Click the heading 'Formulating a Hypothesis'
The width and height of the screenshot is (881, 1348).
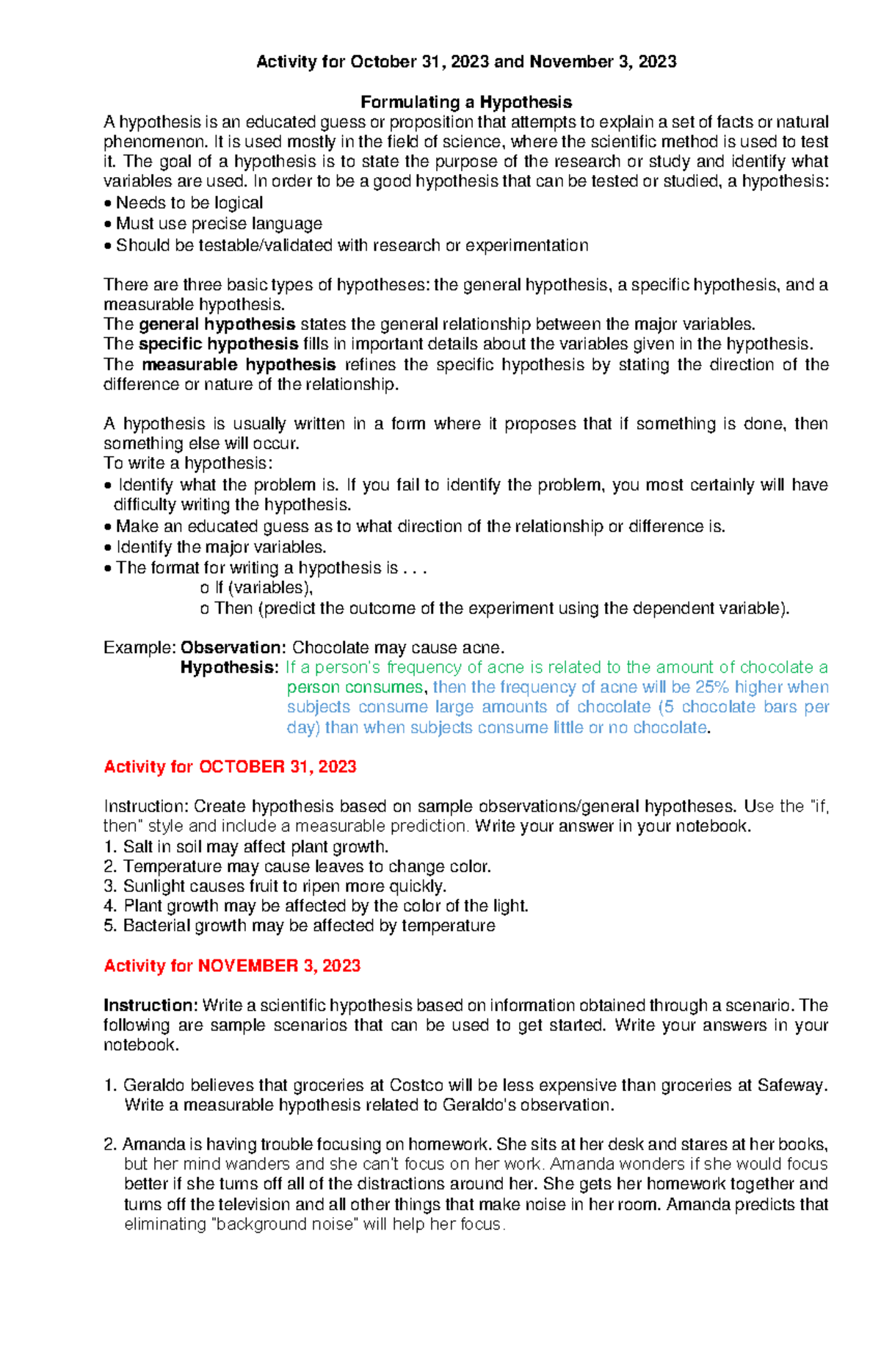click(x=465, y=102)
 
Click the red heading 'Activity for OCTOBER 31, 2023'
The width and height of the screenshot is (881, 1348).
click(x=230, y=767)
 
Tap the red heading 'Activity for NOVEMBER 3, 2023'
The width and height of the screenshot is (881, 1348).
click(x=232, y=966)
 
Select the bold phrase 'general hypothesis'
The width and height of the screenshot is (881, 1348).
click(x=217, y=325)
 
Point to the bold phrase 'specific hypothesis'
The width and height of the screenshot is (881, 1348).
click(x=218, y=345)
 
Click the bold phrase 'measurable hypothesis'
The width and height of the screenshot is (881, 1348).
click(x=239, y=365)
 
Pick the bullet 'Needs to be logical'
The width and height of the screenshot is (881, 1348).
click(x=189, y=203)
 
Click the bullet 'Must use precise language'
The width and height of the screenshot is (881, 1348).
click(x=218, y=224)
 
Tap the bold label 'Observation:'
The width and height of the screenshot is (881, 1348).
click(x=233, y=648)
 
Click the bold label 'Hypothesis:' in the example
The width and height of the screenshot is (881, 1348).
click(x=229, y=668)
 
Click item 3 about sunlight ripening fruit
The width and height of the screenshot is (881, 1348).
click(x=283, y=887)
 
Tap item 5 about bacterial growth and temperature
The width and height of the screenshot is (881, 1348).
click(x=308, y=926)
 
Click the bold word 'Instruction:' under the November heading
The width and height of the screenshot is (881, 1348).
click(x=151, y=1006)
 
